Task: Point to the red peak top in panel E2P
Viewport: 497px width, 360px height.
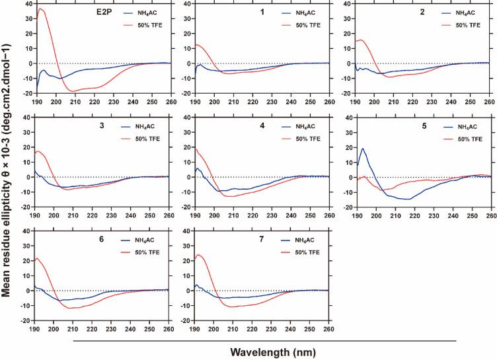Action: point(41,9)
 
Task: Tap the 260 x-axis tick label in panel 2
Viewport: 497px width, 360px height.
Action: point(488,101)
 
